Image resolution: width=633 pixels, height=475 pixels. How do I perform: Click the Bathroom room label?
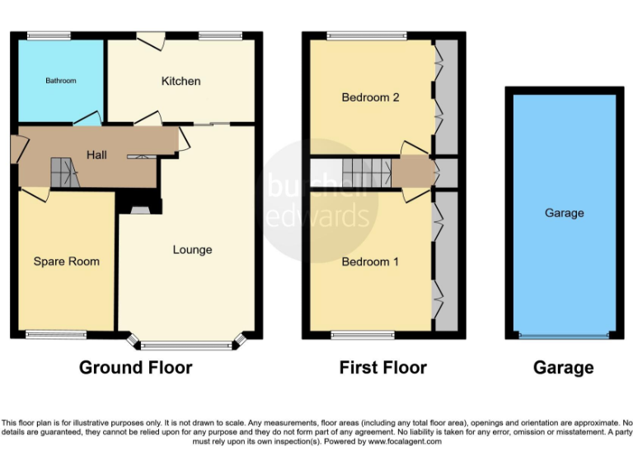(x=60, y=81)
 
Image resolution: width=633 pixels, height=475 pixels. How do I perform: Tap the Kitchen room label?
(x=181, y=81)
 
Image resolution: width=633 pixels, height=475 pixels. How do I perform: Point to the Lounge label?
(x=192, y=250)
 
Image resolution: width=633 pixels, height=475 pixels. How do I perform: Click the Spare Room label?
(x=66, y=261)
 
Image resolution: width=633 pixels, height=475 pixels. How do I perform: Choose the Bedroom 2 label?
(x=370, y=97)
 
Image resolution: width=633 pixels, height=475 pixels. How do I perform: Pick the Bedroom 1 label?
(x=370, y=261)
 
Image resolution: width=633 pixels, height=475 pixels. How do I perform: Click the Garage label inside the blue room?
(x=564, y=213)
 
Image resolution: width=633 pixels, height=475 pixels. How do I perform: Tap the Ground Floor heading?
(x=135, y=368)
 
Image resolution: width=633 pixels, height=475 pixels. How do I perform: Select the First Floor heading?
(x=382, y=368)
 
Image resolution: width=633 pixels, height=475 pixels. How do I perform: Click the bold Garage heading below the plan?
(x=563, y=368)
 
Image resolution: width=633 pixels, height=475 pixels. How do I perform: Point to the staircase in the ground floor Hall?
(x=63, y=172)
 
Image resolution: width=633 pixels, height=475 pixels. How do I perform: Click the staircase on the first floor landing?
(x=367, y=172)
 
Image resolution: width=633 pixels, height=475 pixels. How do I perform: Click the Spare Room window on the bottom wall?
(x=55, y=334)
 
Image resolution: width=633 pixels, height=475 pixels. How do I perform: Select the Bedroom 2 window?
(x=366, y=35)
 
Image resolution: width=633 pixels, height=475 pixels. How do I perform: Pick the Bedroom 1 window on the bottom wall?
(x=362, y=334)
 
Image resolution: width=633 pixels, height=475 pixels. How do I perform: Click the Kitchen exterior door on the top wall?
(x=150, y=38)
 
